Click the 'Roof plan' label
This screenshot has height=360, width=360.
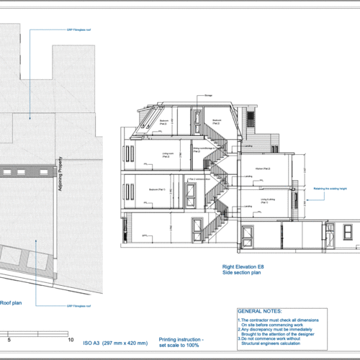point(11,303)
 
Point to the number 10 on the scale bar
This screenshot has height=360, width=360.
point(70,338)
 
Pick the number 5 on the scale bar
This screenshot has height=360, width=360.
point(9,338)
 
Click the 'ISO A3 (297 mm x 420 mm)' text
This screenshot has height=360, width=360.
point(115,343)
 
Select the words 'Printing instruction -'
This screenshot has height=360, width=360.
point(181,338)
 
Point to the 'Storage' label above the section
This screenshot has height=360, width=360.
point(207,95)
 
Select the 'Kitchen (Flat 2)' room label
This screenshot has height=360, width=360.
point(262,168)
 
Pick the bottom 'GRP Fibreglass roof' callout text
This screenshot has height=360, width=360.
point(81,305)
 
